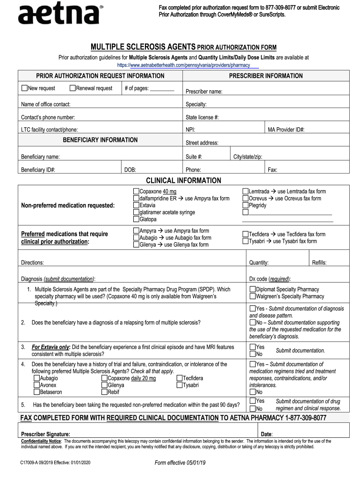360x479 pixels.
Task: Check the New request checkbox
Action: click(24, 88)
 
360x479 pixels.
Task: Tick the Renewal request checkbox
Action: click(72, 88)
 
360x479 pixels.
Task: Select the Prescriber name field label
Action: click(204, 92)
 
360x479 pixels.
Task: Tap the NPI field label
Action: click(190, 130)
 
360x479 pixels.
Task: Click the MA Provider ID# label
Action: click(286, 130)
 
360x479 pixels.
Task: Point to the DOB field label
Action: click(130, 170)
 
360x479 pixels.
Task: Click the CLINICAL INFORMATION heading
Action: click(183, 181)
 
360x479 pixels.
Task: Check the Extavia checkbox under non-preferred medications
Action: click(136, 205)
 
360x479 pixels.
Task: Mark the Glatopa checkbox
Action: click(136, 219)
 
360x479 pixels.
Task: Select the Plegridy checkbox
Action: click(245, 205)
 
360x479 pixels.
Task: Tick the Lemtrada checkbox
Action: click(245, 191)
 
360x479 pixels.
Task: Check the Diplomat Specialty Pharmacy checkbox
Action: click(252, 289)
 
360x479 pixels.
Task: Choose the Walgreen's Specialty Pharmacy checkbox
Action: click(252, 296)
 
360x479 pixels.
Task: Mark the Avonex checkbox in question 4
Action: click(36, 385)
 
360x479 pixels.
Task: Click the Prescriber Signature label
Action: click(46, 434)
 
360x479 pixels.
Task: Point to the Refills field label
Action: click(319, 263)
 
